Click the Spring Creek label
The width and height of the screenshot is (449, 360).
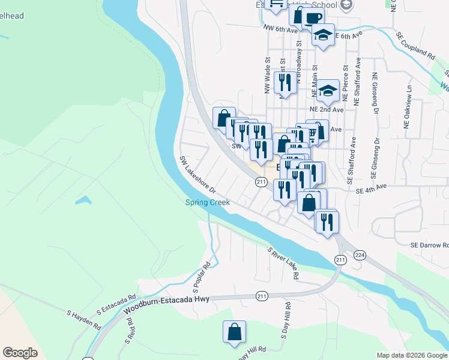pos(207,202)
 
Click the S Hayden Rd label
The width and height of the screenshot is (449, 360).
pos(84,319)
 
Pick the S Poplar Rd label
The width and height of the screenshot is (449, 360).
pos(200,274)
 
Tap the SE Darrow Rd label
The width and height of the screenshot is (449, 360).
pos(429,245)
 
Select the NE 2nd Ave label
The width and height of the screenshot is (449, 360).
pos(326,110)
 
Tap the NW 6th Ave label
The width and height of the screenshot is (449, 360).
pos(280,28)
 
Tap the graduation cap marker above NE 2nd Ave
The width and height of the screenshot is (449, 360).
pos(328,90)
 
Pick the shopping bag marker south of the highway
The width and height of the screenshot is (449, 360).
pos(234,331)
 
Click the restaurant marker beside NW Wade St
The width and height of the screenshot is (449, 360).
pos(284,83)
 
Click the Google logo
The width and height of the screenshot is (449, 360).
pos(20,353)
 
